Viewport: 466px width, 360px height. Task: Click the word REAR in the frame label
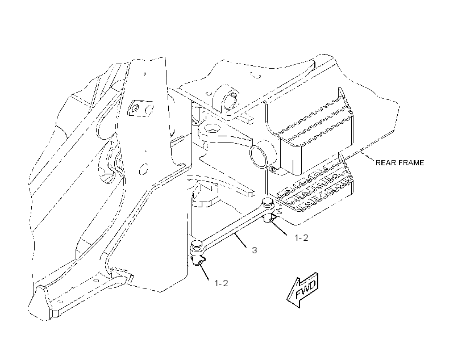point(385,163)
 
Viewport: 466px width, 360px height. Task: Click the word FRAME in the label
point(411,163)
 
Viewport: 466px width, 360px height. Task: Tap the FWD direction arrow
point(303,290)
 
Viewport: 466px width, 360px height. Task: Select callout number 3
point(255,250)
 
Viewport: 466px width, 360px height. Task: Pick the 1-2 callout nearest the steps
point(301,237)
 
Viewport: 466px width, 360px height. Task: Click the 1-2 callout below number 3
point(221,283)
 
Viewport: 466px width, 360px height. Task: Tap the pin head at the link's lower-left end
point(197,245)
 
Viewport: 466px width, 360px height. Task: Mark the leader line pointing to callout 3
point(241,240)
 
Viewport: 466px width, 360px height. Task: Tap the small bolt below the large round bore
point(273,169)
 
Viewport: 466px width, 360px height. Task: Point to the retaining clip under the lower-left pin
point(199,260)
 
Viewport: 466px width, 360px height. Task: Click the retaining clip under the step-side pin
point(270,219)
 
